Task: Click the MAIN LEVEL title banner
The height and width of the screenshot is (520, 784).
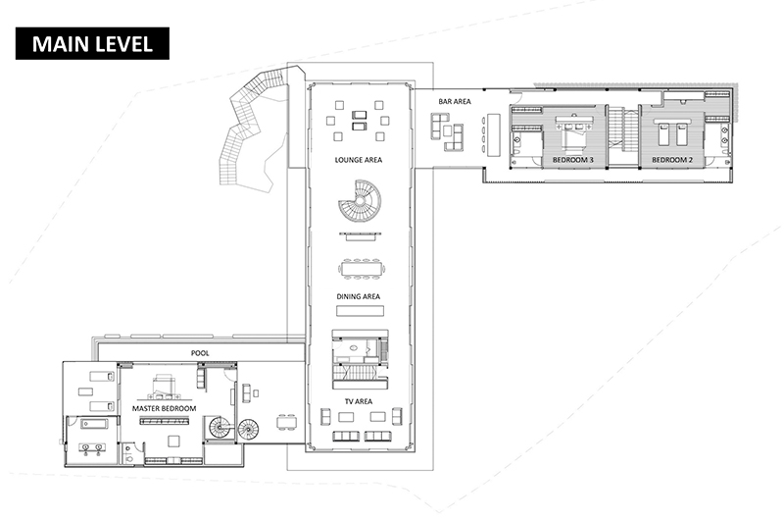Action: [92, 43]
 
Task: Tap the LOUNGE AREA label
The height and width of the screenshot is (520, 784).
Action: [358, 160]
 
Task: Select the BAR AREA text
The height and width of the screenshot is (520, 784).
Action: [455, 102]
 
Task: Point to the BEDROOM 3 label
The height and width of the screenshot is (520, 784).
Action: [572, 160]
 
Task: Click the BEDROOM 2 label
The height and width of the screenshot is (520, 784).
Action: [672, 160]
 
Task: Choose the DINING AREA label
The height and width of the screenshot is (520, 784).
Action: [358, 296]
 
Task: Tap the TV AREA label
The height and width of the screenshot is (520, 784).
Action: [358, 401]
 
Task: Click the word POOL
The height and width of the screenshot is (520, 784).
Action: [200, 353]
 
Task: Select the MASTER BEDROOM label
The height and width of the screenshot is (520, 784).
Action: [164, 408]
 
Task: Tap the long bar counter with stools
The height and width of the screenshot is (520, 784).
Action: [494, 135]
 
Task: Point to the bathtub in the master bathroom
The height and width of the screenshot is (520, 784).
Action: [94, 425]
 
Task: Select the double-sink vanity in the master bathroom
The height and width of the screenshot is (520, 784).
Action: [92, 447]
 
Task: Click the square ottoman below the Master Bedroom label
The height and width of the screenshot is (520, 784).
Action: [173, 441]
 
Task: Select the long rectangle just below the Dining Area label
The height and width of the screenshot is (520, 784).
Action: [360, 311]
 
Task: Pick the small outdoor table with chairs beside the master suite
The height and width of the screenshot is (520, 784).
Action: [286, 422]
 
